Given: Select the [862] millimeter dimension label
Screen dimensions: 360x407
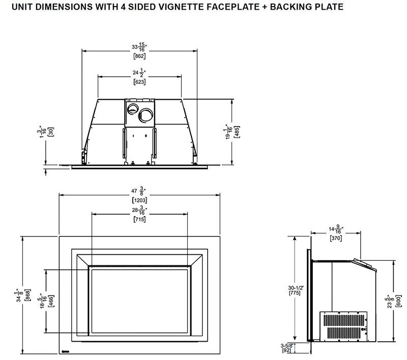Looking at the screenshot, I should tap(139, 57).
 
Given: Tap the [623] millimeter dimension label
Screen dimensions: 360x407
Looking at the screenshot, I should tap(139, 82).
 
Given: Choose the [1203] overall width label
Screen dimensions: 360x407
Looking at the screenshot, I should tap(139, 200).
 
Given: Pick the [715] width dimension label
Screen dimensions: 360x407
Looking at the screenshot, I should tap(139, 219).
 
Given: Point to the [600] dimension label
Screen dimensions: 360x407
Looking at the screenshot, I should tap(400, 301).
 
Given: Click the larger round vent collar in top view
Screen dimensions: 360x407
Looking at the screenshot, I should tap(146, 115).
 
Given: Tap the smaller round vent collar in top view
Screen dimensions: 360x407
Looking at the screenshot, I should tap(132, 107).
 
